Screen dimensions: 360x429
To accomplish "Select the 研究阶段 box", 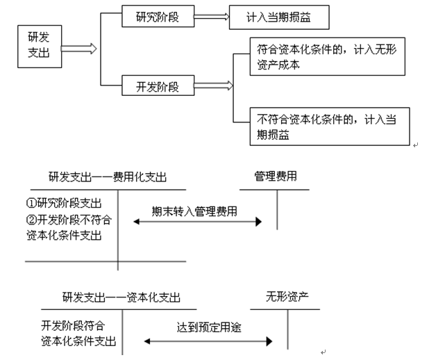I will pyautogui.click(x=157, y=17).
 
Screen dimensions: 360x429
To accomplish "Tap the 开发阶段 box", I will pyautogui.click(x=157, y=87).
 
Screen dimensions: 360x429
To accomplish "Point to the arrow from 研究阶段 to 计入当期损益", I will pyautogui.click(x=210, y=17).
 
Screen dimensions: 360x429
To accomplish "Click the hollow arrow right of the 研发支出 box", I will pyautogui.click(x=78, y=48).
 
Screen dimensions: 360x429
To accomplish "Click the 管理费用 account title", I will pyautogui.click(x=276, y=177).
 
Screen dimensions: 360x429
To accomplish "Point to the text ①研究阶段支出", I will pyautogui.click(x=65, y=204).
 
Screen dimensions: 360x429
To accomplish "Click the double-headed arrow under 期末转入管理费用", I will pyautogui.click(x=197, y=222).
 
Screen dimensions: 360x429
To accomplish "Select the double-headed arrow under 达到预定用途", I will pyautogui.click(x=206, y=341).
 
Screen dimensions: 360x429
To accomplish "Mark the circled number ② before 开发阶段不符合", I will pyautogui.click(x=32, y=220).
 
